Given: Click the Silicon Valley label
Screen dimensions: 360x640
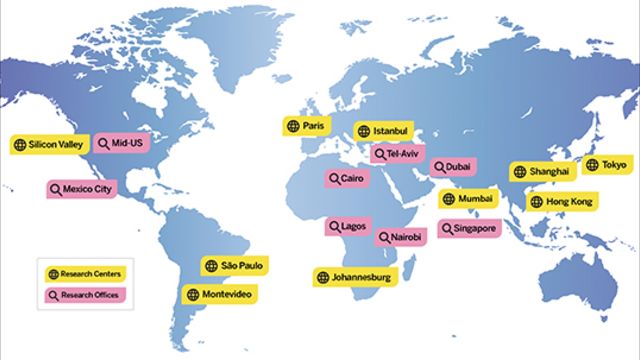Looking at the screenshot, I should (x=49, y=144).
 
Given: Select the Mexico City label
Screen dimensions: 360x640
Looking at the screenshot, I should (x=82, y=188).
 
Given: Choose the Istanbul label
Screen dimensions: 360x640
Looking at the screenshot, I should (x=384, y=131).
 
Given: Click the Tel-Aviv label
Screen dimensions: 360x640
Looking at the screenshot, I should (x=398, y=153).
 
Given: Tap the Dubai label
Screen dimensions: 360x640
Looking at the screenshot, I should (x=453, y=167).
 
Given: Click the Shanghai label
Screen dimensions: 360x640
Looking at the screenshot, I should (x=541, y=171).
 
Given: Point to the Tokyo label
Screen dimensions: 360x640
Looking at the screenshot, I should (x=606, y=164).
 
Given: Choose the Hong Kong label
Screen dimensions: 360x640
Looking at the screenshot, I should (x=561, y=202).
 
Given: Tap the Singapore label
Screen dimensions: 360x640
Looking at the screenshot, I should (x=469, y=228).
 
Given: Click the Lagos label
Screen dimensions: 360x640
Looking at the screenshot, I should (x=347, y=227).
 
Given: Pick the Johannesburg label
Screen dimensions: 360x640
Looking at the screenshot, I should (x=358, y=276).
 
